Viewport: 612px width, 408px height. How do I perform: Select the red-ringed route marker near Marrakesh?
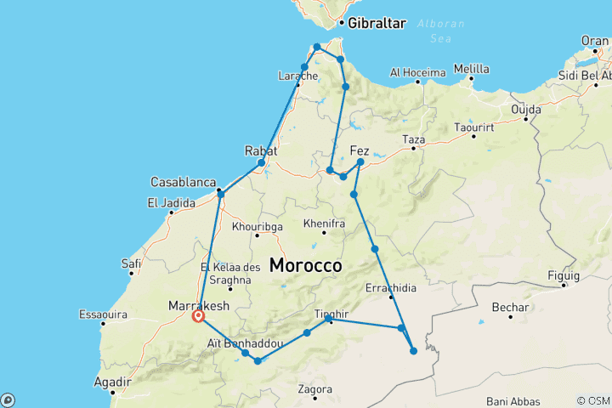coord(198,316)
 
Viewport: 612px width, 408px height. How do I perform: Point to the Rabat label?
coord(261,150)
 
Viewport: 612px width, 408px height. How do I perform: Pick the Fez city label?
coord(360,150)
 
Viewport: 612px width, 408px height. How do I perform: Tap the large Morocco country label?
coord(305,266)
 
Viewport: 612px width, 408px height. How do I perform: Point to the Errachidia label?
coord(391,288)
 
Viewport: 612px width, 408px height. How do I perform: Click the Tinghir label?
coord(331,313)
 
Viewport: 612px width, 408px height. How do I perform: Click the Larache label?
coord(297,76)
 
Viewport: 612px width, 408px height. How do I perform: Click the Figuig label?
coord(563,275)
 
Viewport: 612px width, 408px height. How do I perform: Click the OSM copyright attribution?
coord(592,400)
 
